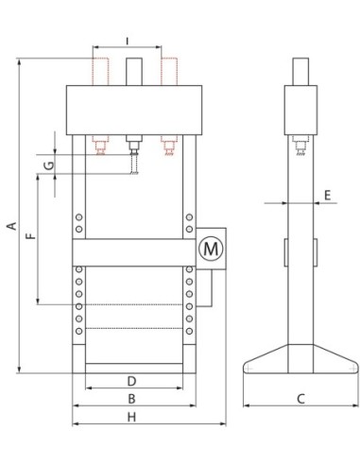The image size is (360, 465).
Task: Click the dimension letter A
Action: point(11,226)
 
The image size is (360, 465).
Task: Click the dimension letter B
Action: point(131,399)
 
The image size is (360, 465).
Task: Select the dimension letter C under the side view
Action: point(300,399)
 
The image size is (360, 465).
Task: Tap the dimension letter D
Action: point(131,381)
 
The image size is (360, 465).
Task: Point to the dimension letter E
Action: point(328,196)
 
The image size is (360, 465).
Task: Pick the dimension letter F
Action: point(31,236)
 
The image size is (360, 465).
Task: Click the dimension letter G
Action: point(49,165)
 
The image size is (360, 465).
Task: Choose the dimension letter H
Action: point(131,417)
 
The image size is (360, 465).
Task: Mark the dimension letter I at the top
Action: point(127,42)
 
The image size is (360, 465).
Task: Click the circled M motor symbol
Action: point(211,249)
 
